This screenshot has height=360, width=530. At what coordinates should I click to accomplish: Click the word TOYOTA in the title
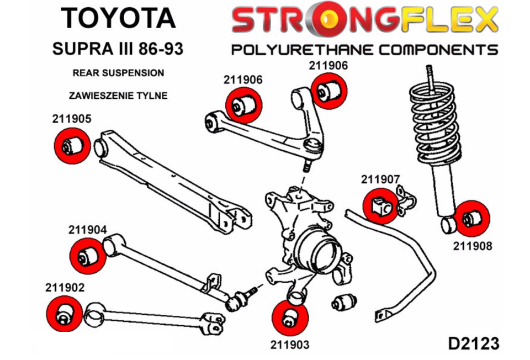[x=118, y=18]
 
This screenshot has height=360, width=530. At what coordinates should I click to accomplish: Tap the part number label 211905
[x=72, y=118]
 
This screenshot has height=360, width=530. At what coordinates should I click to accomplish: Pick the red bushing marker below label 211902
[x=64, y=314]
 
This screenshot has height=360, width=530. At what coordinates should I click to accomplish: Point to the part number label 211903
[x=289, y=345]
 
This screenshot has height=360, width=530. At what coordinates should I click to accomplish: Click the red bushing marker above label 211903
[x=289, y=318]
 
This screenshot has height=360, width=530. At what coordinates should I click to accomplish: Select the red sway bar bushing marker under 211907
[x=380, y=205]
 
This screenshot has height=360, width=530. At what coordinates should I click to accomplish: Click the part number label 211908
[x=472, y=246]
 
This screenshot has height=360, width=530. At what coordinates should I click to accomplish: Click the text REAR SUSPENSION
[x=118, y=73]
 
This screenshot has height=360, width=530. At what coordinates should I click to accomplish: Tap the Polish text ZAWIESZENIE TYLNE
[x=118, y=96]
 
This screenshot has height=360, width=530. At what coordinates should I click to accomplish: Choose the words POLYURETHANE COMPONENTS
[x=364, y=50]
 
